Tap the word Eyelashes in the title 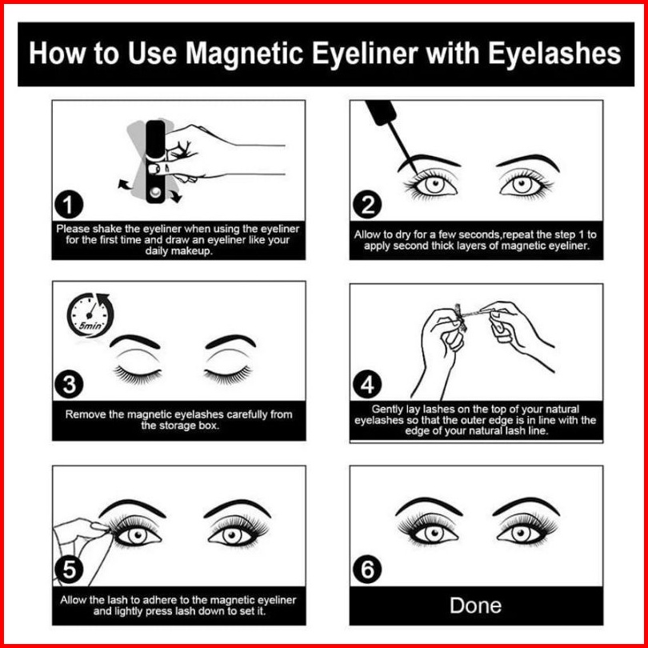coord(554,54)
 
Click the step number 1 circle coord(69,205)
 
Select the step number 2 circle coord(367,205)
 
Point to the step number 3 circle coord(69,384)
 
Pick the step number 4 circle coord(367,384)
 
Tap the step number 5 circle coord(69,569)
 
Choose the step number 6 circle coord(367,569)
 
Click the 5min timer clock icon coord(90,315)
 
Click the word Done coord(476,606)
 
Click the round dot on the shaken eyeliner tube coord(155,192)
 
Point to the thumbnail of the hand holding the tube coord(154,169)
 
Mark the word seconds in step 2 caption coord(479,234)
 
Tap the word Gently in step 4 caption coord(385,410)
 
